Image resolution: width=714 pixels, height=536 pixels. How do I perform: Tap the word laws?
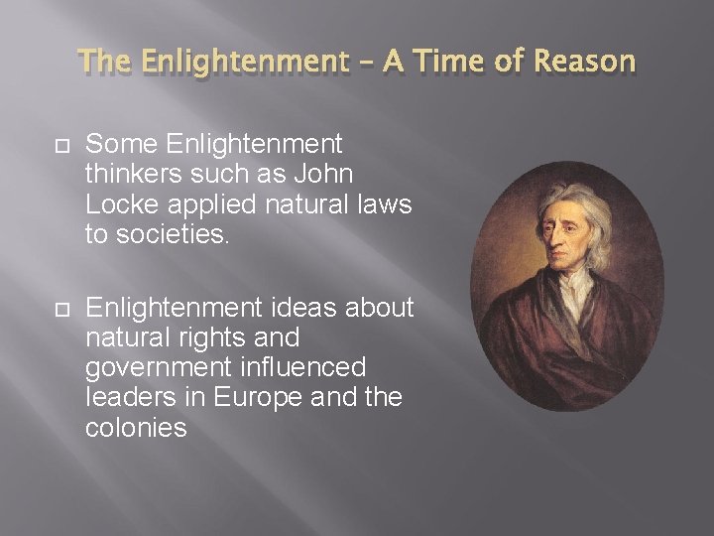pos(384,203)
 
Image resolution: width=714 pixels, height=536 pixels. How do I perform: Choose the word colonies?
pos(136,427)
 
